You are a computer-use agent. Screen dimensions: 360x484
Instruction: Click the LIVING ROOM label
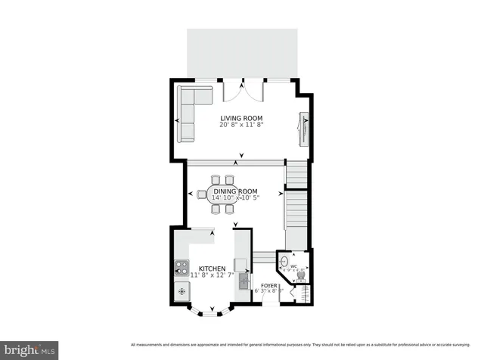click(x=241, y=118)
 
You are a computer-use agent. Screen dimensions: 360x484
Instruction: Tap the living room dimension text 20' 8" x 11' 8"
click(x=241, y=126)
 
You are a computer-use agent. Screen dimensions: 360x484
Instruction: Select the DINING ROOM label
click(x=235, y=191)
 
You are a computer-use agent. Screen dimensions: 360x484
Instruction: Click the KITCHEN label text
click(x=212, y=268)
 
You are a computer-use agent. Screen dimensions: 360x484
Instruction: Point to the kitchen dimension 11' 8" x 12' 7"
click(x=212, y=276)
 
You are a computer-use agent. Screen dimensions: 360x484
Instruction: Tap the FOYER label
click(x=259, y=285)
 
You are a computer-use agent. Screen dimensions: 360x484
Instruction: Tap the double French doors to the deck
click(x=243, y=92)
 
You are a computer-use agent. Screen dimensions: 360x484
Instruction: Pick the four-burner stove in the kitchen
click(x=181, y=267)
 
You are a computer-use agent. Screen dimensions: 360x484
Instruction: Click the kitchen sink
click(x=244, y=282)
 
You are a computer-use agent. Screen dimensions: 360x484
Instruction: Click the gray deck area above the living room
click(x=242, y=53)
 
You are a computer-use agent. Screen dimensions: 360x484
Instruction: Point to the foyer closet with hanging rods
click(x=286, y=294)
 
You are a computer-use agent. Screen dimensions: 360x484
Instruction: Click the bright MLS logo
click(x=30, y=349)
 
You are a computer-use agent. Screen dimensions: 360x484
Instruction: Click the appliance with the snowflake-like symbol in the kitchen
click(x=181, y=290)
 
